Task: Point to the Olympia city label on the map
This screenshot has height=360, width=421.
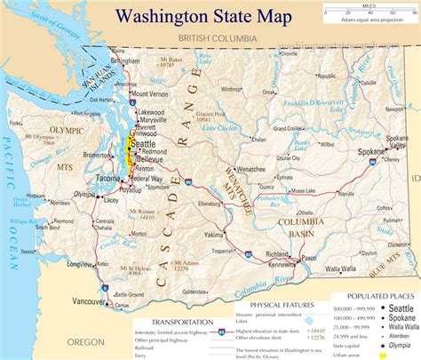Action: (x=85, y=194)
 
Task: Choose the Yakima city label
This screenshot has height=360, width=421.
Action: (x=213, y=236)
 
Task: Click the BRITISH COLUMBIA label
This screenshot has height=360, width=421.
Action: (x=217, y=39)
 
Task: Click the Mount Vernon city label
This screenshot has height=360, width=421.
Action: (x=148, y=93)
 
